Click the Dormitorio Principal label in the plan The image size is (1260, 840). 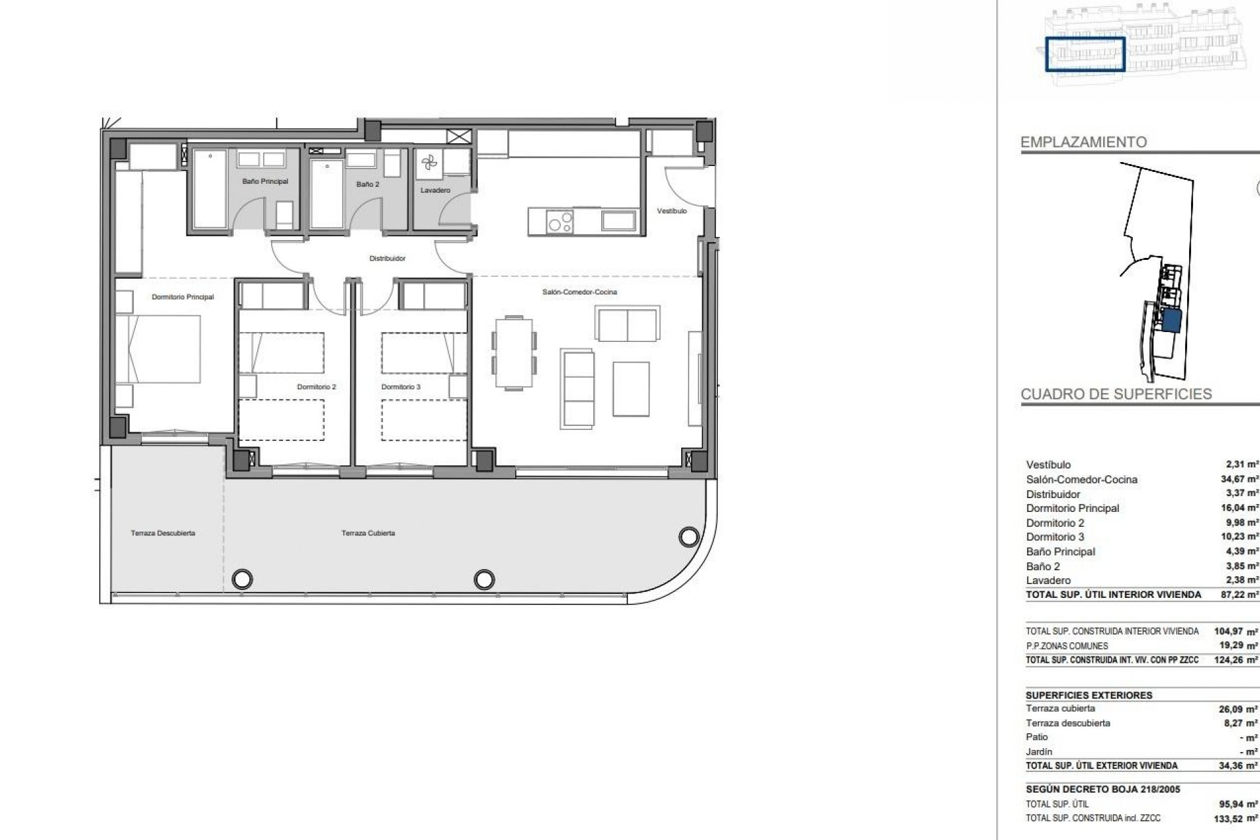point(182,297)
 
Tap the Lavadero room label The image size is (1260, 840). point(435,190)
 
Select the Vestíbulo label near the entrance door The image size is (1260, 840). point(671,211)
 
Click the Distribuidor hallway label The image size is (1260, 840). point(387,259)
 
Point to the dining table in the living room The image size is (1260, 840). point(514,353)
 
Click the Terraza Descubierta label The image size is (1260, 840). point(163,534)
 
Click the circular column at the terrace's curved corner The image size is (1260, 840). point(688,537)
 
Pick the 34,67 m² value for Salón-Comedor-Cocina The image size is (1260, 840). point(1239,479)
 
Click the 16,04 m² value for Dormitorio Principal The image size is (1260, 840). point(1239,508)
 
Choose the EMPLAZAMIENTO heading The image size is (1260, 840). point(1083,142)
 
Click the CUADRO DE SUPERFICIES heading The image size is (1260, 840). point(1116,394)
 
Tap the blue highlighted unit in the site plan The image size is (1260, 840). point(1171,321)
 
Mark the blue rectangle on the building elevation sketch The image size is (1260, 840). point(1085,54)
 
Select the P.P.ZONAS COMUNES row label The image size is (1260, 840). point(1066,646)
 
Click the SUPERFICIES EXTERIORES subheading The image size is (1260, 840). point(1089,695)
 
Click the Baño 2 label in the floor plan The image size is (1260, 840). point(367,184)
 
